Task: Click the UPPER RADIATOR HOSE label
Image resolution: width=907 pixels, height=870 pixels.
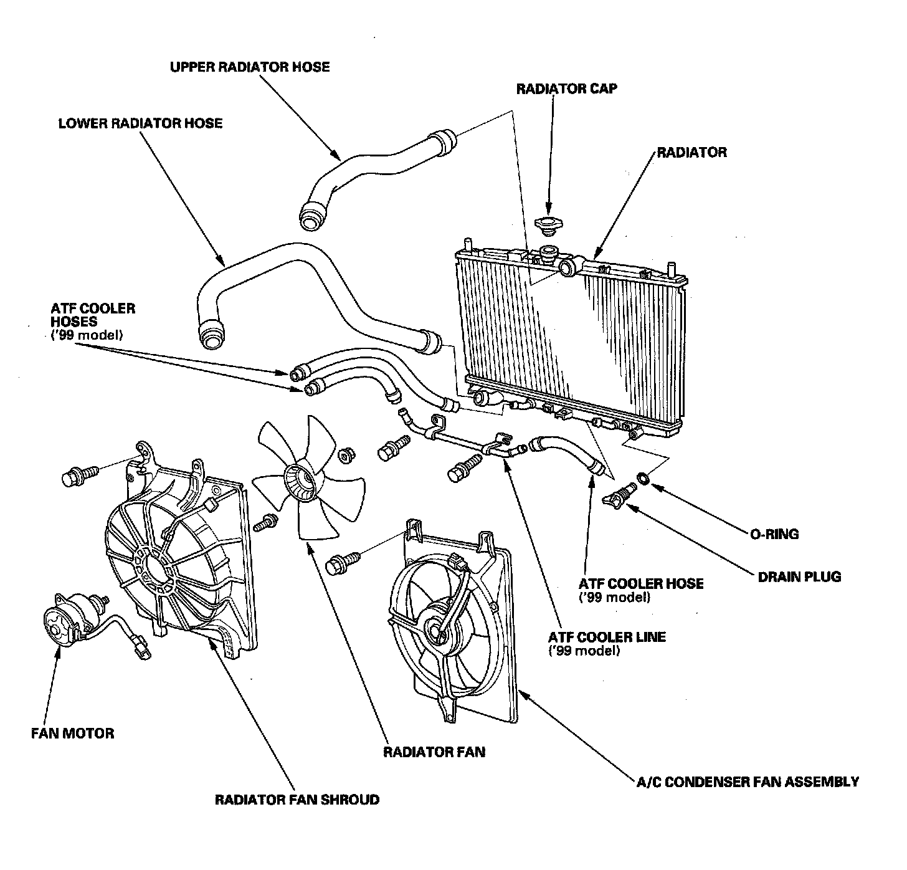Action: point(250,67)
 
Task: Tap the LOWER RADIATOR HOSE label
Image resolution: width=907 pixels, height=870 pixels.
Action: point(140,123)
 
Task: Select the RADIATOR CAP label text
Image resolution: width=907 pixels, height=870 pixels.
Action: point(567,88)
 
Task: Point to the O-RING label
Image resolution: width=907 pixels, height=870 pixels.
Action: point(772,534)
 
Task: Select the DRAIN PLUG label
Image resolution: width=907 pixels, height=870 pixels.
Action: point(799,576)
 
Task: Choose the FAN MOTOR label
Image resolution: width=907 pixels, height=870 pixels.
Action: point(73,733)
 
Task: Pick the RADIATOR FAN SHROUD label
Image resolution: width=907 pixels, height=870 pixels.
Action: point(297,800)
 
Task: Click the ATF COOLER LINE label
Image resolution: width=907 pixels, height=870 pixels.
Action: point(607,638)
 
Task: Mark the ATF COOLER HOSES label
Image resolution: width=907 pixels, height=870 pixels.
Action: point(93,315)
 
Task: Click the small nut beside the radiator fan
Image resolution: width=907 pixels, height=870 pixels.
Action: point(345,456)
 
